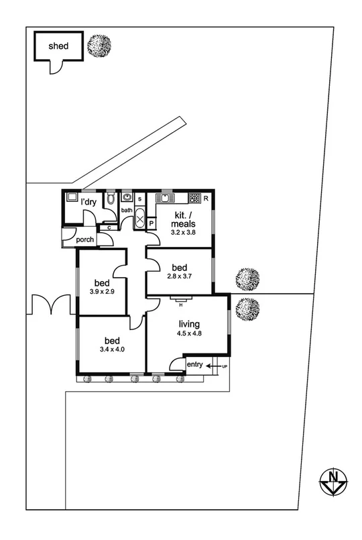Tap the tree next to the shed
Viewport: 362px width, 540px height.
(99, 46)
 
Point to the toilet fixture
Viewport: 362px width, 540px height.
(111, 199)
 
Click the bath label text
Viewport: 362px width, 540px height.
(127, 210)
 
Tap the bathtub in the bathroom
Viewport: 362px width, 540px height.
(140, 219)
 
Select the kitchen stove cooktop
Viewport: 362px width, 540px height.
(194, 198)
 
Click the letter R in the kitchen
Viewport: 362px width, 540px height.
(206, 199)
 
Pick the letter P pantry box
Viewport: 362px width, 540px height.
(152, 223)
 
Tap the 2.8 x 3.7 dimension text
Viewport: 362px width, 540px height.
(180, 276)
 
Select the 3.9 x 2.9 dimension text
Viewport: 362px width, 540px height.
(102, 291)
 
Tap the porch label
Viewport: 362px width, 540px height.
(84, 239)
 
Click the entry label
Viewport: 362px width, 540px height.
(195, 364)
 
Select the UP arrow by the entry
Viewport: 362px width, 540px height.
(217, 366)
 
